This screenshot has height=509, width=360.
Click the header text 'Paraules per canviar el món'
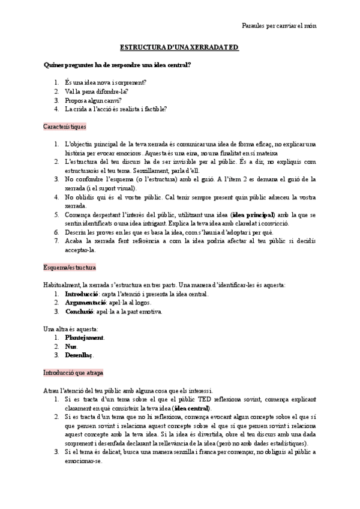click(279, 25)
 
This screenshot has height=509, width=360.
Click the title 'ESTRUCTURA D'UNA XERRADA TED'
click(179, 46)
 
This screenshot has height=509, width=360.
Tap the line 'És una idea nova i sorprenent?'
click(106, 82)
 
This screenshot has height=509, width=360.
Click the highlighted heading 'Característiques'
click(65, 127)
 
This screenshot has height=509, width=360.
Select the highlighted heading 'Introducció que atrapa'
click(73, 372)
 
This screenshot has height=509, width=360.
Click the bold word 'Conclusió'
click(79, 312)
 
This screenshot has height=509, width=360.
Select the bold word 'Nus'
click(70, 346)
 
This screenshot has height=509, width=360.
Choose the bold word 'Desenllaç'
click(80, 355)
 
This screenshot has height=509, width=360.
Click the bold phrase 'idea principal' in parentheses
click(253, 214)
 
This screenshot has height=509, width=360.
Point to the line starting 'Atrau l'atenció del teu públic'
click(128, 390)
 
